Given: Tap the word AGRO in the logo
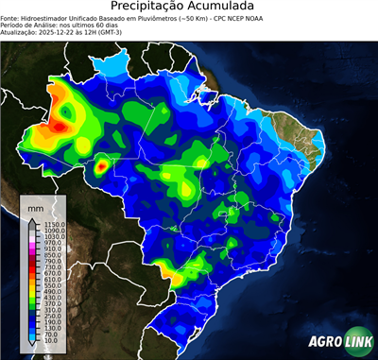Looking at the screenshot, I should point(323,344).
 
